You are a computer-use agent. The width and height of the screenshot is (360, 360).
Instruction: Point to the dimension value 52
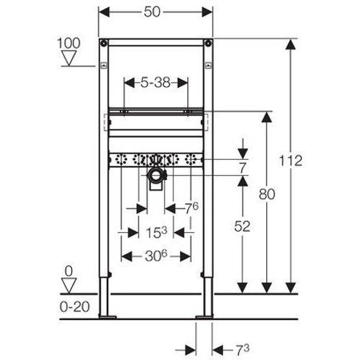[x=242, y=226]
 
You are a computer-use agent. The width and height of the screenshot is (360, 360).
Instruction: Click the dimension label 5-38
[x=155, y=83]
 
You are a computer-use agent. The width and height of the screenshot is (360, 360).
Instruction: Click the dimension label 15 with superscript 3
[x=156, y=232]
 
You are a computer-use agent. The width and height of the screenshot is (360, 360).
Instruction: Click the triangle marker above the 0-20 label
[x=70, y=285]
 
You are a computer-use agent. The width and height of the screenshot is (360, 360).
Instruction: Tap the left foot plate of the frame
[x=107, y=316]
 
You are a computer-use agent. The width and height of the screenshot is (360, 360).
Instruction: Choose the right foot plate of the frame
[x=203, y=316]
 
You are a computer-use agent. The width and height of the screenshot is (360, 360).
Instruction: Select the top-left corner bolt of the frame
[x=105, y=41]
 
